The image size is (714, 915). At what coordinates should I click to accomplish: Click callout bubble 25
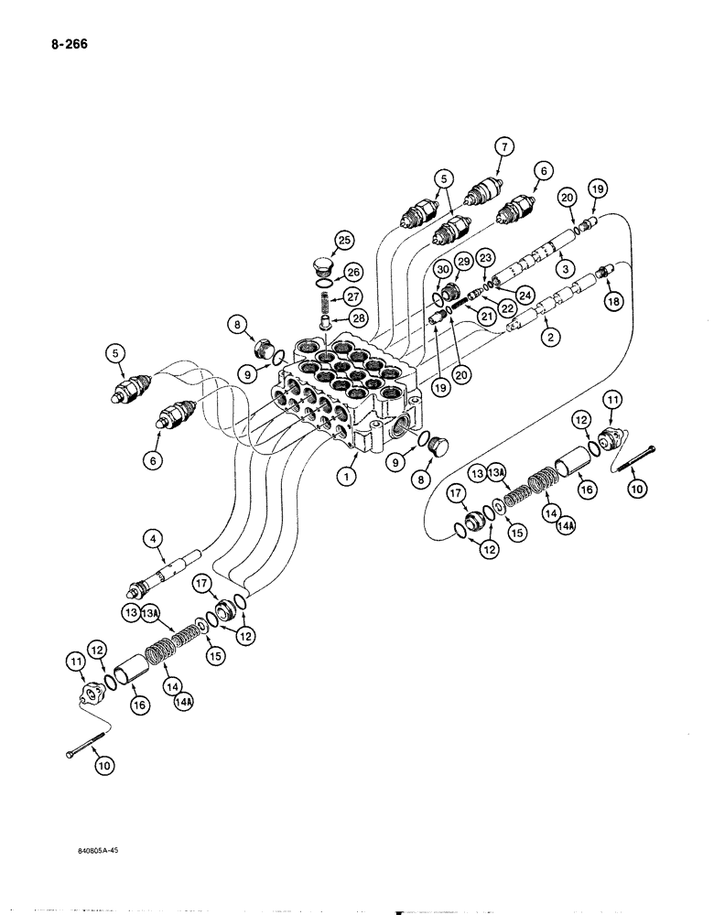(x=343, y=241)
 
